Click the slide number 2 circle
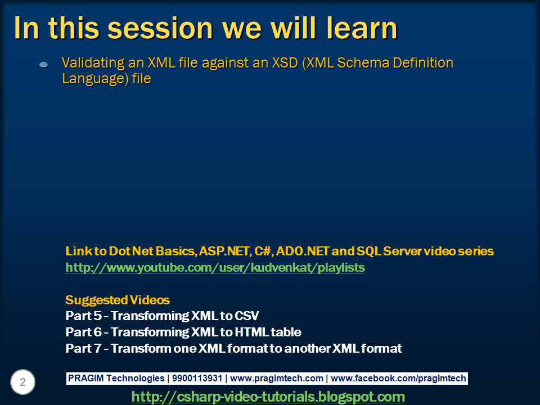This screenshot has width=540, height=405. tap(22, 382)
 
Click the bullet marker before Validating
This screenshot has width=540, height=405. tap(44, 64)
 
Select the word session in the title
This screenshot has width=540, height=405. tap(160, 28)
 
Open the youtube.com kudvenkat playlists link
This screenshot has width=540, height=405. tap(215, 268)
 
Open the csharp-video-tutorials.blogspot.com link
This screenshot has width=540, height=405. tap(268, 397)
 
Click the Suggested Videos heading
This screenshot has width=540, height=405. tap(118, 300)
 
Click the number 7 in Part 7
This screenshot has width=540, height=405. tap(97, 349)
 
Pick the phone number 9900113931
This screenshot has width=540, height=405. tap(197, 378)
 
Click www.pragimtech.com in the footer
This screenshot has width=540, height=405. tap(277, 378)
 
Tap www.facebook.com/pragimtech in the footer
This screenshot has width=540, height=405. tap(398, 378)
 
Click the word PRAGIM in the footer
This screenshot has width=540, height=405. tap(85, 378)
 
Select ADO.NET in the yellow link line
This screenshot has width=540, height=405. tap(303, 251)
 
